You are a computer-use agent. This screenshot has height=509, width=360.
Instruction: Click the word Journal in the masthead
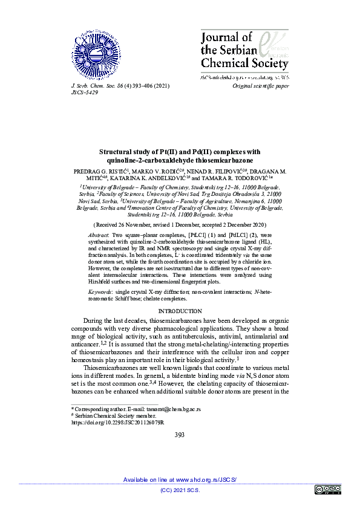[220, 39]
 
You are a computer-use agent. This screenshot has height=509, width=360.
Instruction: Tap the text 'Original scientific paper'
[261, 86]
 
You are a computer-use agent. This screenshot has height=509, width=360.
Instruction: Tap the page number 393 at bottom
[180, 435]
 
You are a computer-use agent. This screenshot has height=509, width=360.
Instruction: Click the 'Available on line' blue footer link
[180, 479]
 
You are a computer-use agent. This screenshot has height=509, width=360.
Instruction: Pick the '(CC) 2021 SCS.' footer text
[180, 490]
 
